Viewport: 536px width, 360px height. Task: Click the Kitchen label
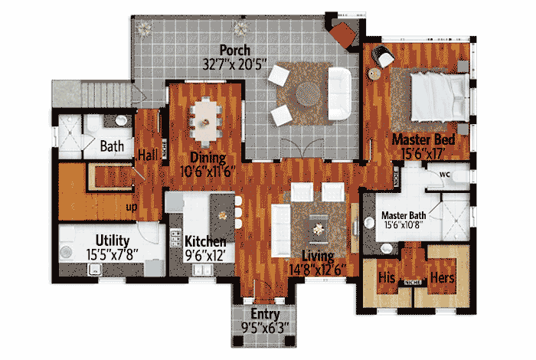point(205,242)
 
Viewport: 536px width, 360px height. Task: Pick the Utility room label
point(112,240)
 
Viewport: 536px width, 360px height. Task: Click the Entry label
point(265,316)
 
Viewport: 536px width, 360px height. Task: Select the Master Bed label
point(424,140)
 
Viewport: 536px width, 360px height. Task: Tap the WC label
point(445,175)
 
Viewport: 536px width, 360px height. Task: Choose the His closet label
point(386,277)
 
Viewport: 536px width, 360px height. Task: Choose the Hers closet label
point(444,277)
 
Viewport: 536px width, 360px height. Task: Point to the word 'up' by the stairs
point(132,206)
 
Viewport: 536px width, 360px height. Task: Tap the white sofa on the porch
point(338,93)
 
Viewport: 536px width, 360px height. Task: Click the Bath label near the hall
point(113,145)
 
